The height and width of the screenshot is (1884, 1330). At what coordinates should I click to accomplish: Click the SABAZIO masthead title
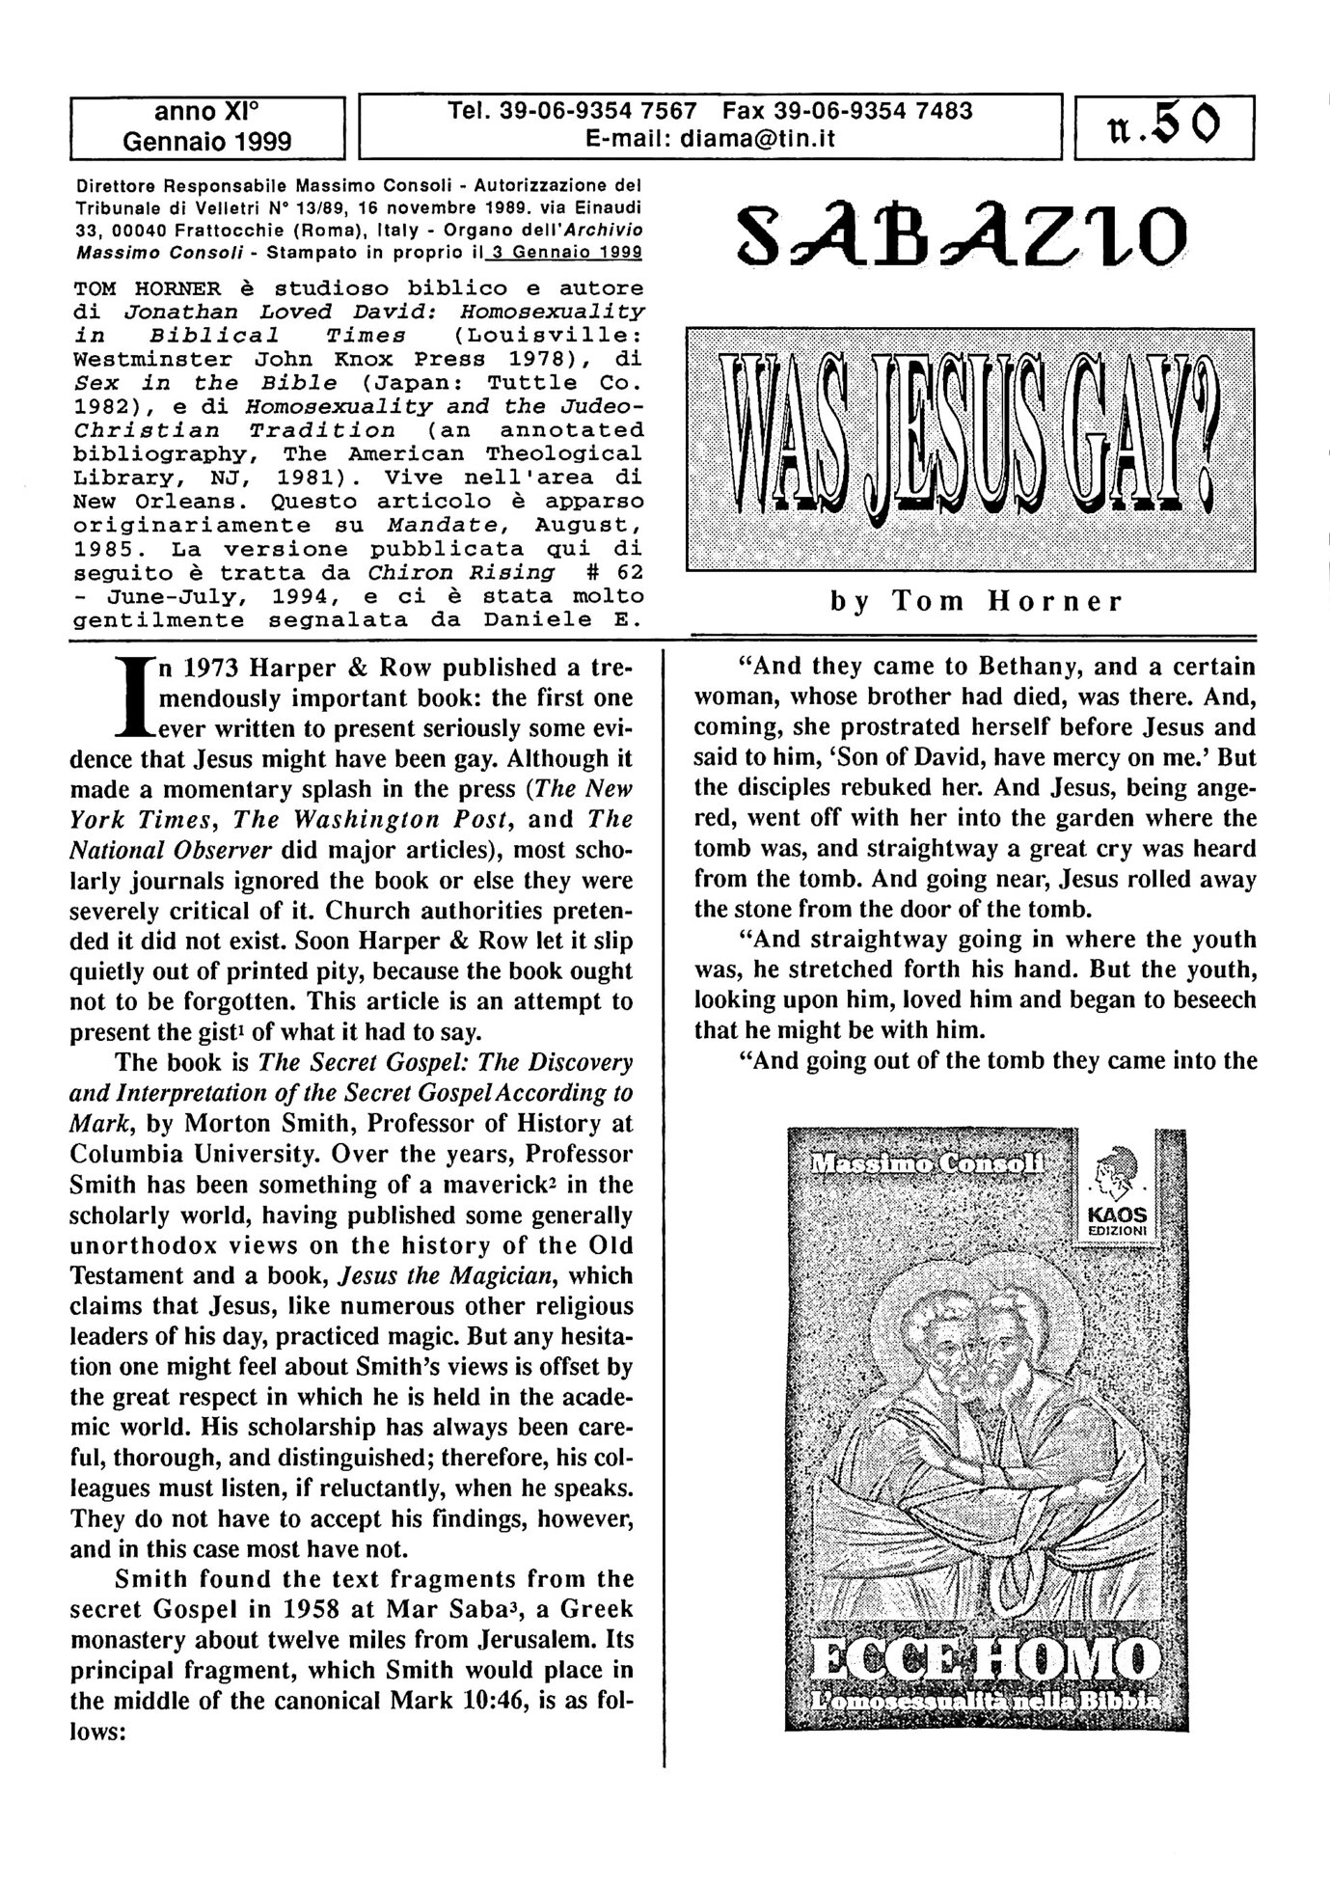961,236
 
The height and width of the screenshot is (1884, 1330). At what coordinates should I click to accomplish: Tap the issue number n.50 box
1164,125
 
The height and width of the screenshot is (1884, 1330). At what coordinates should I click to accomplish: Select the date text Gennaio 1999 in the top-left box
206,141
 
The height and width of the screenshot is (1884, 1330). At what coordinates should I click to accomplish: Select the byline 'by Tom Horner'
976,602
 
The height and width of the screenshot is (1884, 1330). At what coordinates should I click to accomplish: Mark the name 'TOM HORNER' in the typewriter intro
148,288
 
